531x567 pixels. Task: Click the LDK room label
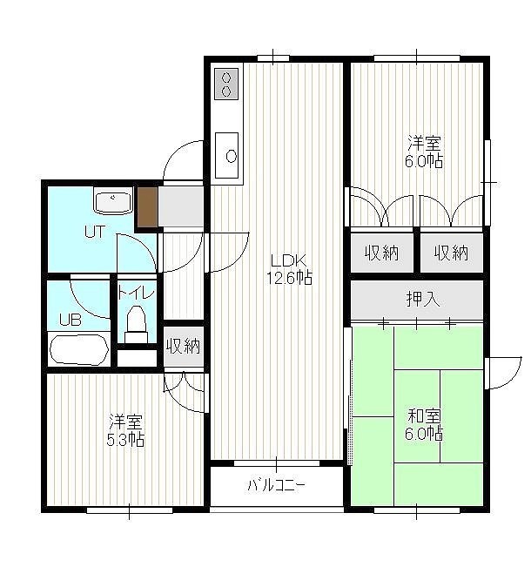point(289,260)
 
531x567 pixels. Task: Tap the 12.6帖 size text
point(289,278)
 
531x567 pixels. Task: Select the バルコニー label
point(277,485)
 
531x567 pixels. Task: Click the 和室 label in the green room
point(424,415)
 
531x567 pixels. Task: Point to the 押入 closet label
point(423,300)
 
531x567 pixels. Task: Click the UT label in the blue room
point(95,232)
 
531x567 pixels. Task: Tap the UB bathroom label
point(71,320)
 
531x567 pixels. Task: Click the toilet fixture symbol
point(137,324)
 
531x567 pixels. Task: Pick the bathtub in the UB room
point(79,349)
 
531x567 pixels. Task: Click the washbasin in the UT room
point(113,201)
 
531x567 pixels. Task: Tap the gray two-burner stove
point(226,84)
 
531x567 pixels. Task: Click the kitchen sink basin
point(227,156)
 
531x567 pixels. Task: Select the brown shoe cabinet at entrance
point(148,207)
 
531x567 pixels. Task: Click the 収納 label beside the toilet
point(184,346)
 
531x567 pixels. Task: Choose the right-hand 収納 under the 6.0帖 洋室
point(451,253)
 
